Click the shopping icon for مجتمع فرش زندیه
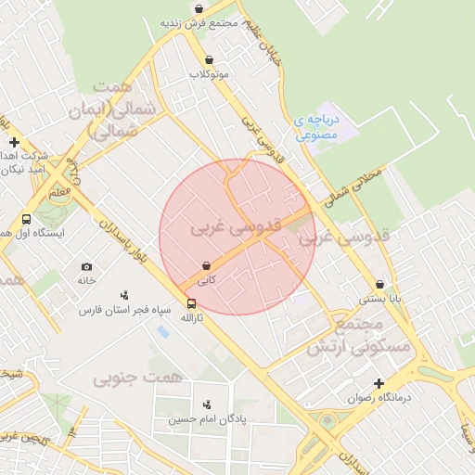[199, 8]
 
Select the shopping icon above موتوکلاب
[208, 59]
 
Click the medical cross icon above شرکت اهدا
[13, 142]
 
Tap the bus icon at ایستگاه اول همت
[26, 220]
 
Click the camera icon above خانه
[86, 266]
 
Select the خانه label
[86, 280]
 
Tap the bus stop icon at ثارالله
[191, 303]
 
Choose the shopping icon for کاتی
[205, 265]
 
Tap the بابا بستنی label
[379, 300]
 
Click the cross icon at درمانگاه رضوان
[378, 383]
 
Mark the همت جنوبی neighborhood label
[125, 378]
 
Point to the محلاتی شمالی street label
[351, 186]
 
